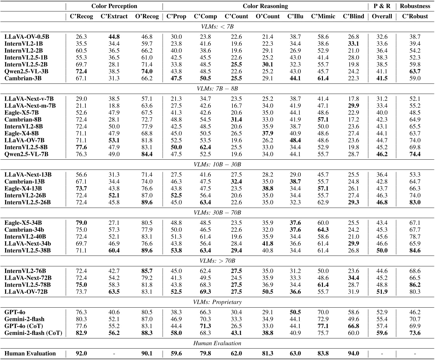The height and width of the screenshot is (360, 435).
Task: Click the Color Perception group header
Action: (114, 6)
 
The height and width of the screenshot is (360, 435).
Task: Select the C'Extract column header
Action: (114, 17)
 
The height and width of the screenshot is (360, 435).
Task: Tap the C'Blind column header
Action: (353, 17)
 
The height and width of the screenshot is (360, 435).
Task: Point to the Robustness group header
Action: (415, 6)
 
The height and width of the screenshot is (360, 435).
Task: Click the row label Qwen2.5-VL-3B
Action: (26, 71)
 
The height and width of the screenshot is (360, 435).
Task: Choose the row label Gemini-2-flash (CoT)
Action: (33, 333)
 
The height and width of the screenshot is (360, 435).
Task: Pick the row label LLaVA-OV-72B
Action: (26, 292)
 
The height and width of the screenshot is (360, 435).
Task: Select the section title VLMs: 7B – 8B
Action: (217, 89)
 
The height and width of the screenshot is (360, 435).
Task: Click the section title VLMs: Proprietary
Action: (217, 302)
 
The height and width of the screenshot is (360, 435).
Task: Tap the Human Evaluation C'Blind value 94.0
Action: (353, 353)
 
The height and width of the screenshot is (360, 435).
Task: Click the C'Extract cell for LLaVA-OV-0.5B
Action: (114, 37)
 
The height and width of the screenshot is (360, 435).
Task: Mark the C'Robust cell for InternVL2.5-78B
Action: (415, 285)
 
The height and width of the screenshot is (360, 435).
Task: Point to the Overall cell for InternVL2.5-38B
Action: (382, 250)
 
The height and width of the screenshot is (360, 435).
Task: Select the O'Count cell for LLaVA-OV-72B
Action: (267, 292)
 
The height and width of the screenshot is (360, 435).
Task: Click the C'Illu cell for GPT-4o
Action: (295, 312)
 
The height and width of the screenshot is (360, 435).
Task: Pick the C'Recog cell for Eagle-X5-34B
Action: (81, 223)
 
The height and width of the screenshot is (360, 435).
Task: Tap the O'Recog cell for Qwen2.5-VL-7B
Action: (147, 154)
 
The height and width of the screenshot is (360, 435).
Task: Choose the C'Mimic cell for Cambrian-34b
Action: (323, 230)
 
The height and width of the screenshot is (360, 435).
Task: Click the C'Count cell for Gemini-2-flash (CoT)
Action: (236, 333)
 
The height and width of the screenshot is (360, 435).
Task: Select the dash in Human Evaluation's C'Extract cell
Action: (114, 354)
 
